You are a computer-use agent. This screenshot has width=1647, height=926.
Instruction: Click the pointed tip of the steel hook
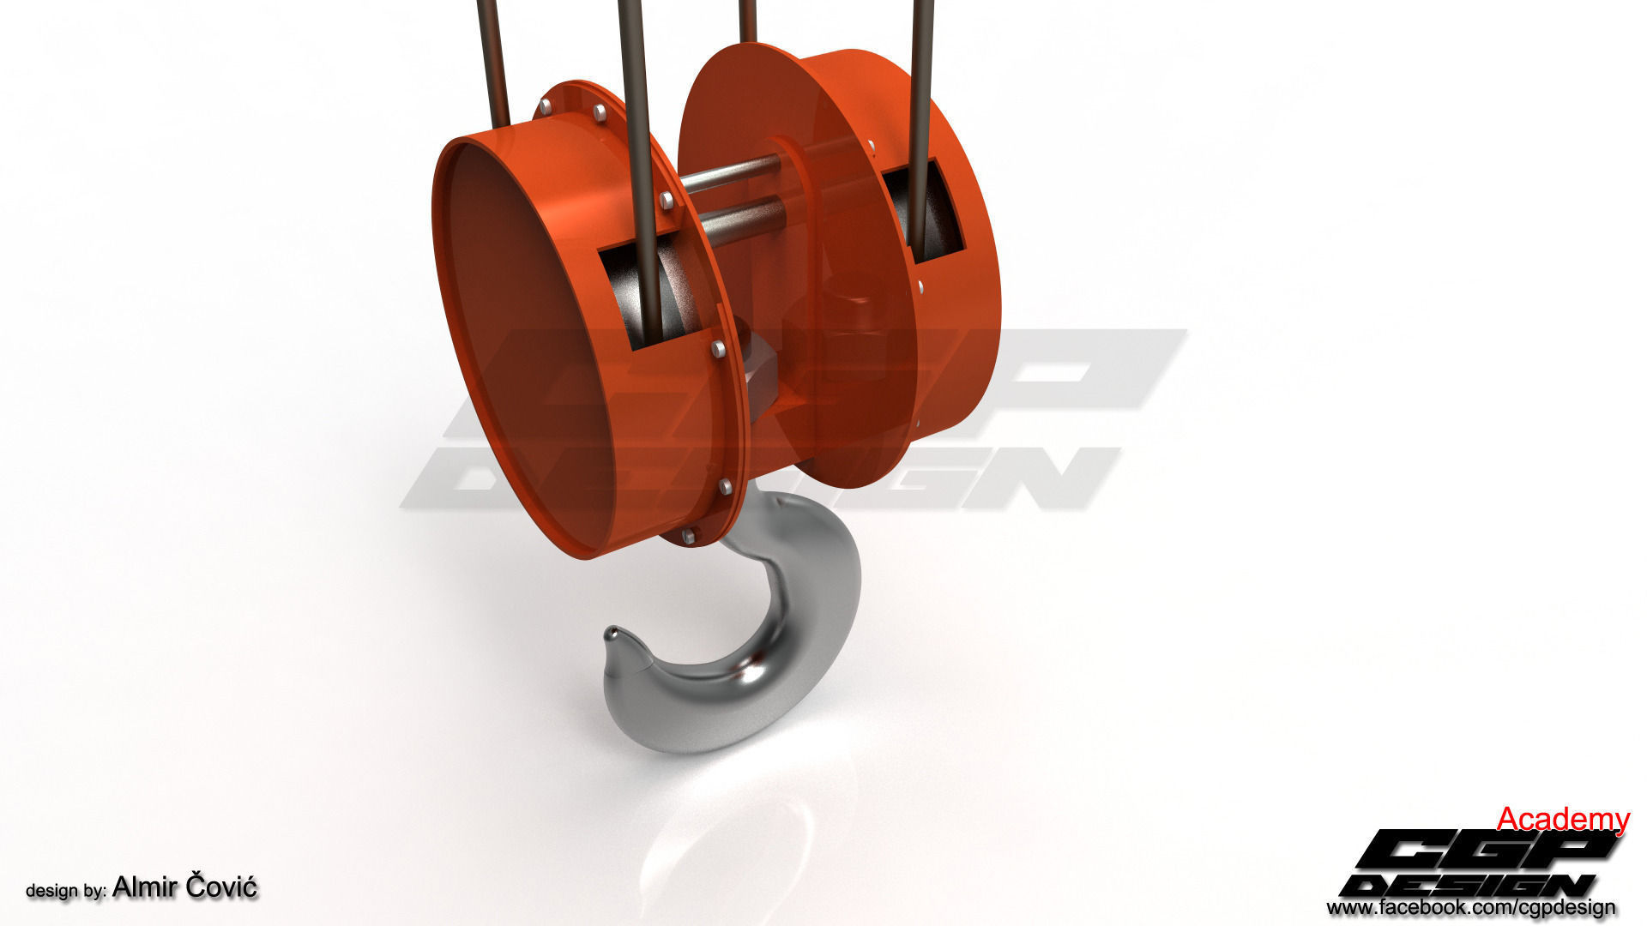coord(611,634)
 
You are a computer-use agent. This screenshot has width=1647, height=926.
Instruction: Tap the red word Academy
coord(1562,820)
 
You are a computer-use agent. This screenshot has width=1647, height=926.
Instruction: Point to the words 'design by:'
coord(65,891)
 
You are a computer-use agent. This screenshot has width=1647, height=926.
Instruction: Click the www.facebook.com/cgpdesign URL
coord(1470,907)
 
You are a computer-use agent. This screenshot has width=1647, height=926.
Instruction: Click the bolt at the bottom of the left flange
coord(688,537)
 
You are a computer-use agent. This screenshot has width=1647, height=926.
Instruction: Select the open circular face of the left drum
coord(523,343)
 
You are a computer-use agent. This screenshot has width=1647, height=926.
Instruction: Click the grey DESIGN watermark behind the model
coord(755,480)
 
